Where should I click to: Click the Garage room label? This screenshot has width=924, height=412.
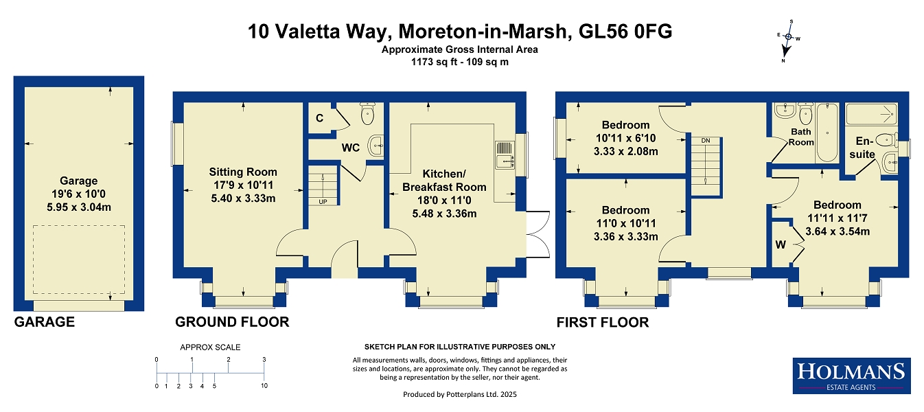click(78, 181)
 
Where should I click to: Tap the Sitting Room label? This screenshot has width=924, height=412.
click(243, 172)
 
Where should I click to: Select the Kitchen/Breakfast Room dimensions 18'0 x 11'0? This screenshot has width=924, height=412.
click(444, 201)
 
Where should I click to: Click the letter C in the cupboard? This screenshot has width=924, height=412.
click(319, 118)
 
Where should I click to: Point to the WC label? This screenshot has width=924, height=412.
click(351, 148)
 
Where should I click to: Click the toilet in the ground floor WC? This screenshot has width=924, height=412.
click(367, 113)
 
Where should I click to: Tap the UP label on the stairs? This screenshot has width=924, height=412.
click(323, 202)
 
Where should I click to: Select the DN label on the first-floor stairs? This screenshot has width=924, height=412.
click(706, 141)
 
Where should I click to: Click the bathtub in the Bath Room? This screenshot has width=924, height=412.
click(827, 133)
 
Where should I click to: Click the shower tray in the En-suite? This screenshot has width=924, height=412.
click(871, 114)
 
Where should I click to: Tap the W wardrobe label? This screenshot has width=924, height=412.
click(781, 244)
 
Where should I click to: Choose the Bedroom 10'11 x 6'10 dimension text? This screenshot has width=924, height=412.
click(626, 138)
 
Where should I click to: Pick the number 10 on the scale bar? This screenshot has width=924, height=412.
click(264, 386)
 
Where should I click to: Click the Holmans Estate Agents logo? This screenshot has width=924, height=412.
click(851, 376)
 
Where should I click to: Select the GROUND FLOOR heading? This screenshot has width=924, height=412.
click(232, 321)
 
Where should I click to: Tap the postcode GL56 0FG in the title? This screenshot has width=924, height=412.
click(625, 32)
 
